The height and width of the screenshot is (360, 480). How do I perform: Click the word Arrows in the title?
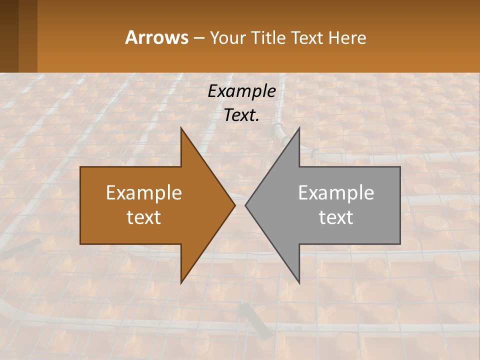click(x=156, y=37)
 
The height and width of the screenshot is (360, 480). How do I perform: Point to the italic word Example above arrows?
click(x=241, y=91)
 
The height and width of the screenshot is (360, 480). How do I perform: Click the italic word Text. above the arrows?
click(x=241, y=115)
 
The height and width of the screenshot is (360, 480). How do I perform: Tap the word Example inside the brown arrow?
click(x=144, y=193)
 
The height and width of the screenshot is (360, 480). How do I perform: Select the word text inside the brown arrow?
click(x=144, y=217)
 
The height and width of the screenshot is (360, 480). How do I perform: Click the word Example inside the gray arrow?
click(x=336, y=193)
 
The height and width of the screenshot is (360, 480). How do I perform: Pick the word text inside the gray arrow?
click(x=336, y=217)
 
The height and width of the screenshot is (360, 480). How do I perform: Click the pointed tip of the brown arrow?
click(x=235, y=205)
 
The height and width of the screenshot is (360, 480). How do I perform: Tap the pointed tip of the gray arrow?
click(x=245, y=205)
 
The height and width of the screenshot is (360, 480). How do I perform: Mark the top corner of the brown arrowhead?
click(x=181, y=128)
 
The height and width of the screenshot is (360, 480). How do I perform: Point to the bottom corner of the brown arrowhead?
click(x=181, y=283)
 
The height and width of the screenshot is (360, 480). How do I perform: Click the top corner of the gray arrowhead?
click(x=299, y=128)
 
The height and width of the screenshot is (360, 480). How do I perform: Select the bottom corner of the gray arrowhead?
click(x=299, y=283)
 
